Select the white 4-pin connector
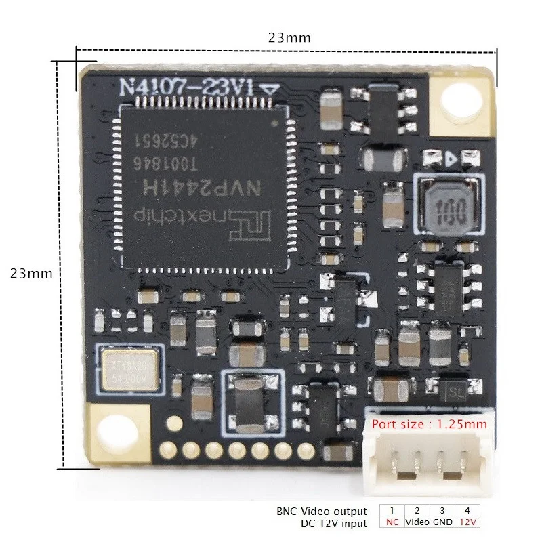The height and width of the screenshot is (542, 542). [424, 454]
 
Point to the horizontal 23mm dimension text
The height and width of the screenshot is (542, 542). [289, 38]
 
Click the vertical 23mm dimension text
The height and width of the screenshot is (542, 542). [31, 274]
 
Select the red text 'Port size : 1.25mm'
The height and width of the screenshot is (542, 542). [428, 425]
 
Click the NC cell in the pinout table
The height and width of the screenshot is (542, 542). [392, 522]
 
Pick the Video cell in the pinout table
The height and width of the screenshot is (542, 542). [417, 522]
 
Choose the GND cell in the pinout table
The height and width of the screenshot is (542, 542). [443, 522]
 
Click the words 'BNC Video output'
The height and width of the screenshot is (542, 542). [322, 511]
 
